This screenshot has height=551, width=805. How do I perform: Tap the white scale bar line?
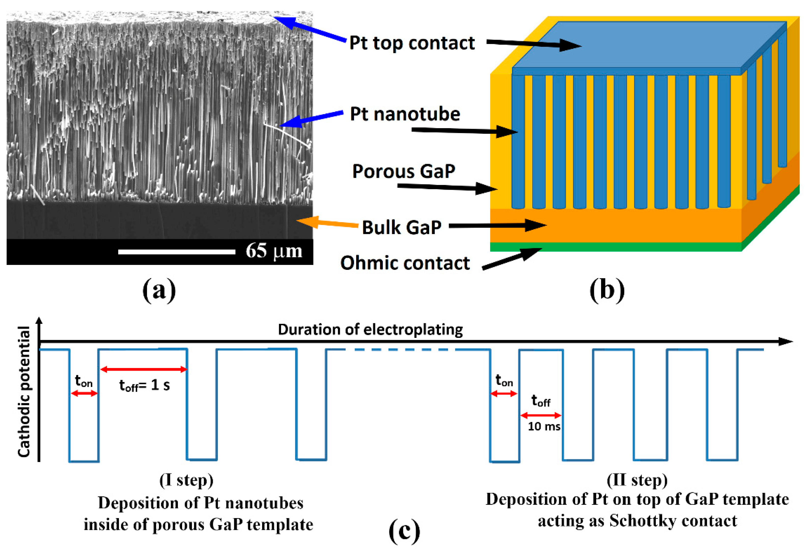176,252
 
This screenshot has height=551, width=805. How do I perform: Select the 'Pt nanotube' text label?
405,114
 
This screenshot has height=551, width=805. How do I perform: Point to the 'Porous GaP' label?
404,171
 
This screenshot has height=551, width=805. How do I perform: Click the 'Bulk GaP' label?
401,228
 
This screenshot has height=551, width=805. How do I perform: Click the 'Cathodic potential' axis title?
24,391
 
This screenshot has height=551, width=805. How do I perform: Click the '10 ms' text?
544,426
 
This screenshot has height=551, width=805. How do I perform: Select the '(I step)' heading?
186,480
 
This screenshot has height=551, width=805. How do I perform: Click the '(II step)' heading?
637,480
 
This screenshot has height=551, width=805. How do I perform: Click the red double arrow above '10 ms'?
541,415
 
